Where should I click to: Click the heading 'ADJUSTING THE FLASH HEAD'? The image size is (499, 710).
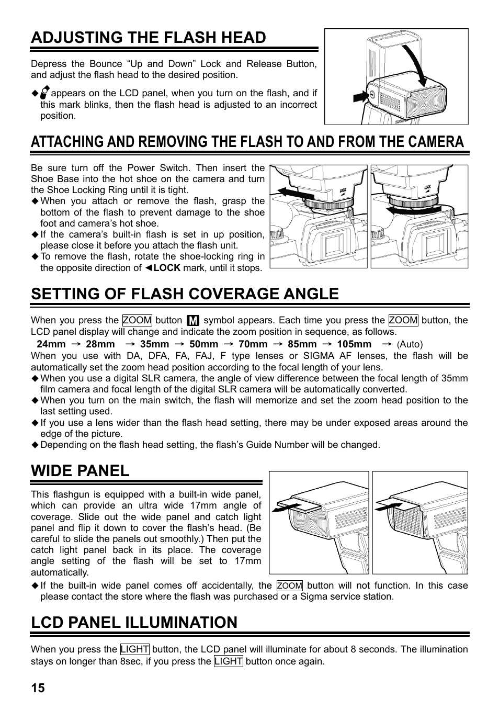coord(149,37)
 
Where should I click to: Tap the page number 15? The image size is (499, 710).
coord(38,688)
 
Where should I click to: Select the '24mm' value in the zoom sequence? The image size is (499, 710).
coord(51,344)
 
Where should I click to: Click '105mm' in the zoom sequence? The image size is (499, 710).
coord(354,344)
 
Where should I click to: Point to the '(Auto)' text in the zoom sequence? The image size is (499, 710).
coord(410,344)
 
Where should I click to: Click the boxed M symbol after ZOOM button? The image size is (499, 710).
coord(193,320)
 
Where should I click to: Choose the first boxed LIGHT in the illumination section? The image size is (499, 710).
coord(134,649)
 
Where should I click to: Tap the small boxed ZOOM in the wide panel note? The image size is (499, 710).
coord(289,586)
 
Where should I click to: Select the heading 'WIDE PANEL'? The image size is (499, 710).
coord(80,470)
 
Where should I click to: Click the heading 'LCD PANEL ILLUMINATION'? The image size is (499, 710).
coord(134,622)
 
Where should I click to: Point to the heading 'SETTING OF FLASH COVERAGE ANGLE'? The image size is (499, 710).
coord(185,294)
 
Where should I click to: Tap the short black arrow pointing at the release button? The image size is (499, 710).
coord(360,97)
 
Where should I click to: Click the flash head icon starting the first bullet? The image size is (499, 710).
coord(44,93)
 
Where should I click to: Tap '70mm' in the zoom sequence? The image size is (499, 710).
coord(253,344)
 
